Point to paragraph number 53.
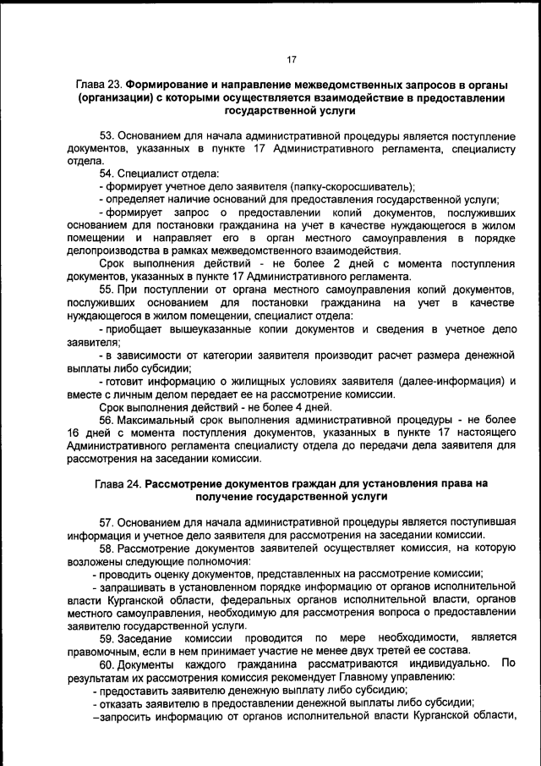(107, 136)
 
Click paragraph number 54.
(107, 174)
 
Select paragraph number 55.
(107, 290)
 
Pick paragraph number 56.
(107, 421)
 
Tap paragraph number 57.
(107, 521)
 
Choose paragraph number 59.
(107, 636)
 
